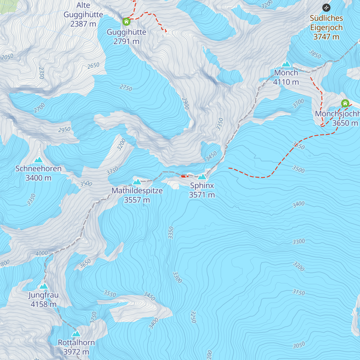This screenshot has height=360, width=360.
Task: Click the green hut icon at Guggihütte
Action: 126,22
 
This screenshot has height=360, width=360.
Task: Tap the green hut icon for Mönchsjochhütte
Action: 345,103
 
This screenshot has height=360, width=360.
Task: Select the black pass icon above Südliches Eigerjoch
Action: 326,7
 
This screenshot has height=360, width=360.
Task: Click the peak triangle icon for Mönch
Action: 286,64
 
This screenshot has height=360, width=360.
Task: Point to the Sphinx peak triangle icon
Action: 202,177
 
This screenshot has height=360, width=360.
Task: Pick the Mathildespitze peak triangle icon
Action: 137,182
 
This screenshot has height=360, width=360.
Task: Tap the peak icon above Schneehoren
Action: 38,160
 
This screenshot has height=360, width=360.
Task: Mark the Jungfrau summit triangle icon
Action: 44,286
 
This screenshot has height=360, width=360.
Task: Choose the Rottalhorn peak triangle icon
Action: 76,334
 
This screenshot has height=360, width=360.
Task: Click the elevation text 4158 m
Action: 43,304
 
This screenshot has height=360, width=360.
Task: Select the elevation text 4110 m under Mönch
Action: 286,82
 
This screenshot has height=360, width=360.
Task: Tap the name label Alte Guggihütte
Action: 83,10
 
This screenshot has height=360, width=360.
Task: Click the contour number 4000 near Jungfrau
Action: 41,253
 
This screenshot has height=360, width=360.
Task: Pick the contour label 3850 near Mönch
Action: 315,54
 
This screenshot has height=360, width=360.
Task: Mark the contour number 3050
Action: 299,345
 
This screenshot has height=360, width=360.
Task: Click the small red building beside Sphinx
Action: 183,176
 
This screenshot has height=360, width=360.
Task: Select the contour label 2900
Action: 185,104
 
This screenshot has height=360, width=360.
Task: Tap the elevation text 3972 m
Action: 76,352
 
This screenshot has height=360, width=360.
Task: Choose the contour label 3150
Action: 298,292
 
